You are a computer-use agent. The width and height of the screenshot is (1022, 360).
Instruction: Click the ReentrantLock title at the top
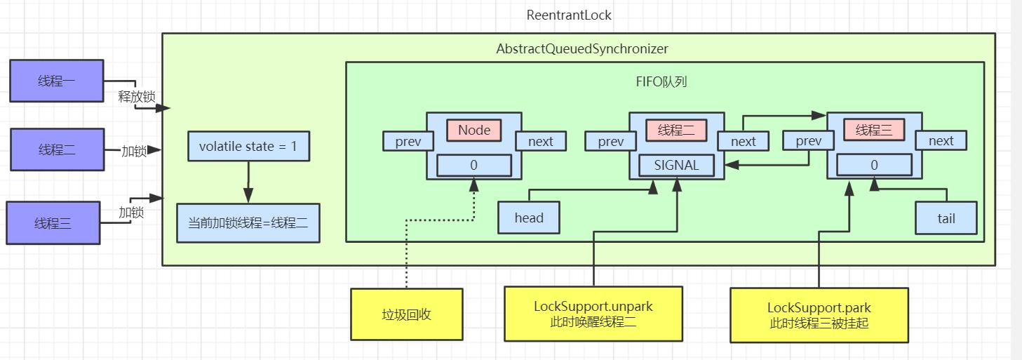click(x=569, y=15)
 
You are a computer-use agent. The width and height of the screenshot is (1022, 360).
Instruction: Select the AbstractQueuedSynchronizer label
click(x=581, y=49)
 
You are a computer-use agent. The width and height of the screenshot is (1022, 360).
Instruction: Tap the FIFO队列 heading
click(x=661, y=81)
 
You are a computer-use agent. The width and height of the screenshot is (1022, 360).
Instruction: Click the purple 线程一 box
click(x=57, y=81)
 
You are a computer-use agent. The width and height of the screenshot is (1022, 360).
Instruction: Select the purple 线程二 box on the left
click(x=57, y=149)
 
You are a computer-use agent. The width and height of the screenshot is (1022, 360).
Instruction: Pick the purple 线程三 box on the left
click(x=53, y=223)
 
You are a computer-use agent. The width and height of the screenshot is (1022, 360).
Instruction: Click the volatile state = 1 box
click(x=248, y=147)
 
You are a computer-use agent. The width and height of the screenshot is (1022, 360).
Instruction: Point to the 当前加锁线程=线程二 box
click(x=248, y=224)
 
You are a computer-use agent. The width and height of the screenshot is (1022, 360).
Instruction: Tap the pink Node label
click(x=473, y=130)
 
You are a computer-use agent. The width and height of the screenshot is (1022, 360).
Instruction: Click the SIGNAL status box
click(x=676, y=166)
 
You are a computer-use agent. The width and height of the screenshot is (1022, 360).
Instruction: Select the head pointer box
click(x=528, y=218)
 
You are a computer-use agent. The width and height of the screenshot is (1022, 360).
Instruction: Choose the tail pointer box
click(x=946, y=218)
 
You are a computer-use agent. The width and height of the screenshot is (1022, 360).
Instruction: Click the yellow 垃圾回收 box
click(x=406, y=314)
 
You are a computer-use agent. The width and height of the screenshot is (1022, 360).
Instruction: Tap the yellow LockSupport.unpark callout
click(x=593, y=314)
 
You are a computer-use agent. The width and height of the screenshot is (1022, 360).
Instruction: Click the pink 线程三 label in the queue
click(x=873, y=130)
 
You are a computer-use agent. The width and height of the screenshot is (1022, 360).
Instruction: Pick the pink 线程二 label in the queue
click(x=676, y=130)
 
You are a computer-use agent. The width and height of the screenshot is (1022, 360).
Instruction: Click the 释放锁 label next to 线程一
click(x=136, y=97)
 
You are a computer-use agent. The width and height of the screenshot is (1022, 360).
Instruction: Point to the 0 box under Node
click(x=473, y=166)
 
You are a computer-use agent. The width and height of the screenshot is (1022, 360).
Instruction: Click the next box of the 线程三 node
click(x=940, y=141)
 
